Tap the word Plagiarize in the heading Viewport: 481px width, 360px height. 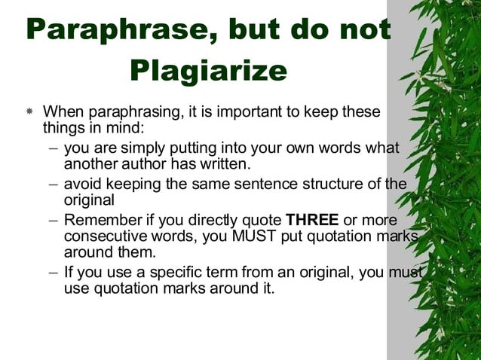coord(209,71)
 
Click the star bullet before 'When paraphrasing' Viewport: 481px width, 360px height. coord(29,111)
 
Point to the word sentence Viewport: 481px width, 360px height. coord(248,184)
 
